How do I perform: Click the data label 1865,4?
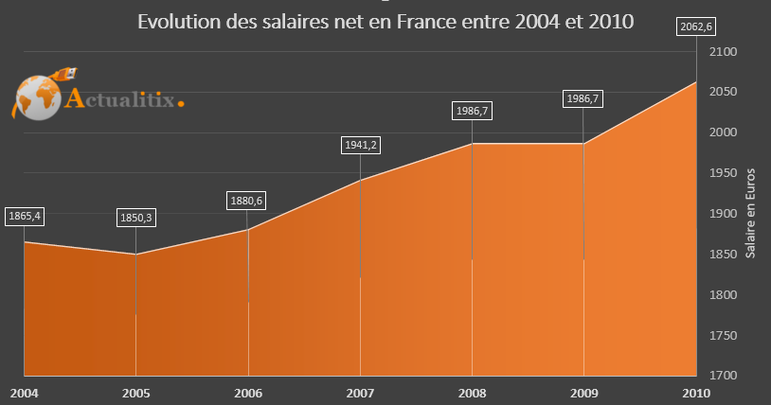[24, 216]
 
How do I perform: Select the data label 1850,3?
[136, 218]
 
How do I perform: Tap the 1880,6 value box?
[248, 201]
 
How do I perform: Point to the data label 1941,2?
[360, 146]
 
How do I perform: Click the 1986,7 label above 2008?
[472, 112]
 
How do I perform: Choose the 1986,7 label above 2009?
[583, 97]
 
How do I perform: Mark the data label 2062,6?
[697, 26]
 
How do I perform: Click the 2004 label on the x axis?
[24, 392]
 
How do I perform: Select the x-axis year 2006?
[248, 392]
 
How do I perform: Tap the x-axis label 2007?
[360, 392]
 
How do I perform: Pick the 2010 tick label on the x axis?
[696, 392]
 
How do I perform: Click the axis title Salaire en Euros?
[750, 214]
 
